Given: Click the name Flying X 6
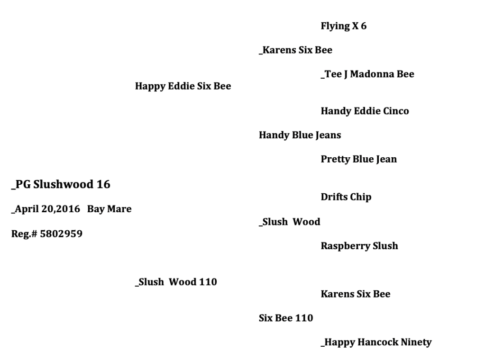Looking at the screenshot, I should (x=343, y=26).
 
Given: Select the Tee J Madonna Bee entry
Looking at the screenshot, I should (x=367, y=74).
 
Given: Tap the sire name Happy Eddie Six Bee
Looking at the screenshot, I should (x=183, y=86).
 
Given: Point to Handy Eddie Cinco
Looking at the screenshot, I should (x=365, y=111).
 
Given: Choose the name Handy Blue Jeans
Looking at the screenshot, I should (x=300, y=135).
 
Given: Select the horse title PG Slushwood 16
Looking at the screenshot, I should (x=61, y=184).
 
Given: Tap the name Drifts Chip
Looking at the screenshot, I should (x=346, y=197).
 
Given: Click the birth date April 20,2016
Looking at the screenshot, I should (x=46, y=209).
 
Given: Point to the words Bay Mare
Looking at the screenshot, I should (x=109, y=209).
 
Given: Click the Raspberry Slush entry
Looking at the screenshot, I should (x=359, y=246).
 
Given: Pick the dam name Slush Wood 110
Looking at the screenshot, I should (x=176, y=282).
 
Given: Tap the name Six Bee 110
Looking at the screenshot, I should (x=285, y=318).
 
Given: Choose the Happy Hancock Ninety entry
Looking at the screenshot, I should (x=376, y=342).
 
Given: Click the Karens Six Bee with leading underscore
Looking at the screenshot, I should (x=296, y=50).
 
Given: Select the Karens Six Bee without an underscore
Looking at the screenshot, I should (x=355, y=294).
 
